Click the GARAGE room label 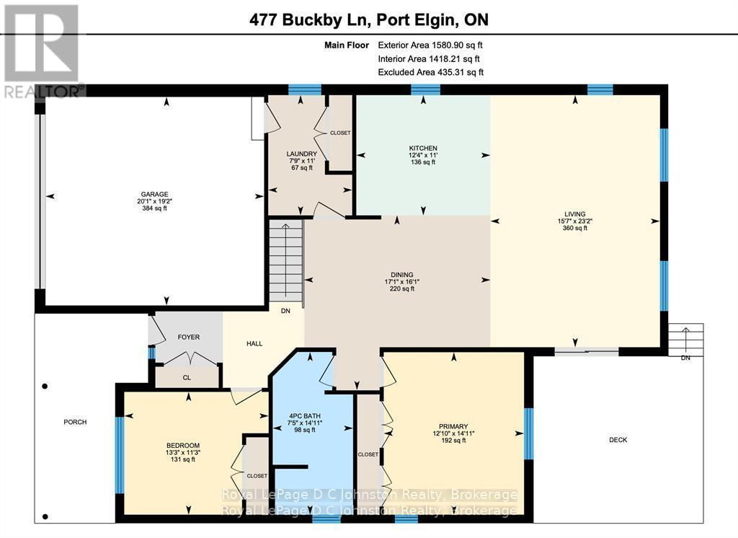click(154, 194)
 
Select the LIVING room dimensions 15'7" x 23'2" click(575, 221)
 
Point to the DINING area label click(401, 275)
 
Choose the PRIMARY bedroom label click(453, 426)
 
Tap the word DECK click(618, 439)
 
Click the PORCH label click(75, 422)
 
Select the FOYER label click(189, 337)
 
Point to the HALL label click(254, 344)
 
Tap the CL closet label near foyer click(187, 376)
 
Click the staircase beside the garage click(286, 263)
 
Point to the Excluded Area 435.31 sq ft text click(430, 72)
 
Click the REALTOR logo click(42, 50)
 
